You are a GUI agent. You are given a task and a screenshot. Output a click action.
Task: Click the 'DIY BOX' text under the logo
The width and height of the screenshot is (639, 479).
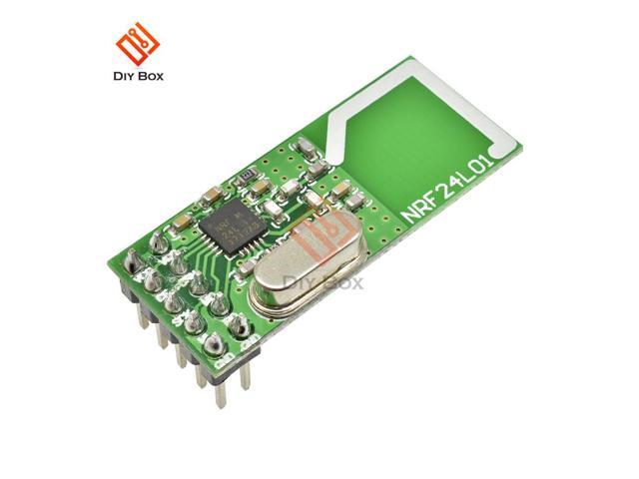point(137,77)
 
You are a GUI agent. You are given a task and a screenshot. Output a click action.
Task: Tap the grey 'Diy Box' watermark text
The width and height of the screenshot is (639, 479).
point(324,283)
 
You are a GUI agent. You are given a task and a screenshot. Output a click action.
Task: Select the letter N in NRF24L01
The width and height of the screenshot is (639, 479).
point(410,213)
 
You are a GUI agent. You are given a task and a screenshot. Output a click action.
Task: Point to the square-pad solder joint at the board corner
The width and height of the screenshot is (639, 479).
point(131,261)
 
